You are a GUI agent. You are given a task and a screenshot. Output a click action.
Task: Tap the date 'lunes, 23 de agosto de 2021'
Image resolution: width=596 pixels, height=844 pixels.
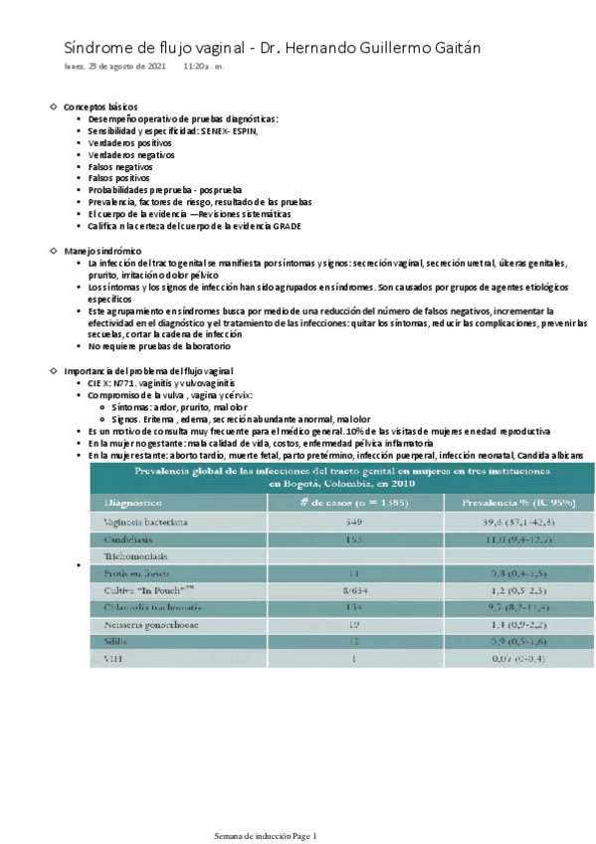(x=114, y=67)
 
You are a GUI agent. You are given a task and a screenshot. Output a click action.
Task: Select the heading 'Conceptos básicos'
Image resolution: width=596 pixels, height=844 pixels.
(x=100, y=106)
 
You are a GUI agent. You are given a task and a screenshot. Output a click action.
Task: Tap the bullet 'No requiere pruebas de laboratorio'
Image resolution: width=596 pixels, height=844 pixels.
(x=158, y=346)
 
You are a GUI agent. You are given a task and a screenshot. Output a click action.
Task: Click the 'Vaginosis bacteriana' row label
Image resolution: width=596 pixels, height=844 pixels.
(x=146, y=522)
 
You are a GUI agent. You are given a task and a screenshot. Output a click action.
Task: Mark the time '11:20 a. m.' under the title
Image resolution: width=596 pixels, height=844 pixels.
(x=203, y=67)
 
